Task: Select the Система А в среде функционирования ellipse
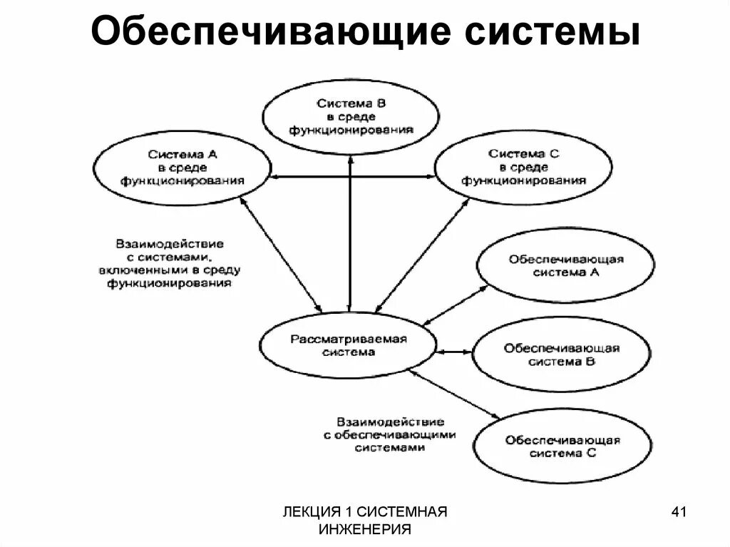pyautogui.click(x=182, y=168)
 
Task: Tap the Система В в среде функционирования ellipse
pyautogui.click(x=351, y=117)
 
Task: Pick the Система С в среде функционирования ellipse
pyautogui.click(x=523, y=168)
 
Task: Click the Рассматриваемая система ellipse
pyautogui.click(x=348, y=345)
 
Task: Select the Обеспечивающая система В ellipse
pyautogui.click(x=562, y=354)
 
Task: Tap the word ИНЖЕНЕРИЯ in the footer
pyautogui.click(x=366, y=528)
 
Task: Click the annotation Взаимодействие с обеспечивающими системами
pyautogui.click(x=391, y=434)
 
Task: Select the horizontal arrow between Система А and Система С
pyautogui.click(x=352, y=177)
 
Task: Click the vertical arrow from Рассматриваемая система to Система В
pyautogui.click(x=350, y=235)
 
